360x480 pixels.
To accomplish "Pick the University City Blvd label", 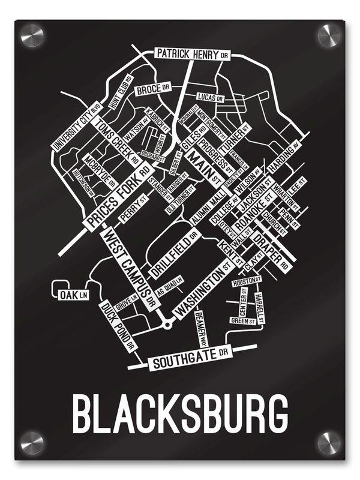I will pyautogui.click(x=76, y=126).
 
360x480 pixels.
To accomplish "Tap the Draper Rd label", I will pyautogui.click(x=274, y=249).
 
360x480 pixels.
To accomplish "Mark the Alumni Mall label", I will pyautogui.click(x=206, y=207).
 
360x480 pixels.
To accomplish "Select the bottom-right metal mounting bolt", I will pyautogui.click(x=328, y=443).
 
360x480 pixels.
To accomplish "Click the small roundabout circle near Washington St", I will pyautogui.click(x=167, y=324).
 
